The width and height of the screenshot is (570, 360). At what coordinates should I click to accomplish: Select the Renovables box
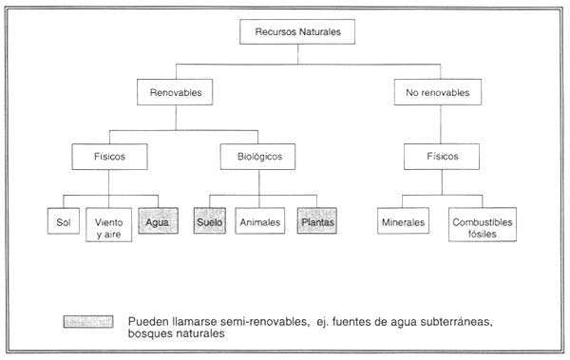point(174,93)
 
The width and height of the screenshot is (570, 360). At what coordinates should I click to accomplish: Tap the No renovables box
point(436,93)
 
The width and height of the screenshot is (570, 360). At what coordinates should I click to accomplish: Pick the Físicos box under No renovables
point(436,156)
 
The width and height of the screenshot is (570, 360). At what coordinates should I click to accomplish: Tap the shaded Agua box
point(156,222)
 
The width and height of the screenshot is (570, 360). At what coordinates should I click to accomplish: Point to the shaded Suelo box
point(209,222)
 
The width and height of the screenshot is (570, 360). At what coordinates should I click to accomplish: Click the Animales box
point(259,222)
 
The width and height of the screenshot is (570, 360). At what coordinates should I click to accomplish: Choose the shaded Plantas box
point(317,222)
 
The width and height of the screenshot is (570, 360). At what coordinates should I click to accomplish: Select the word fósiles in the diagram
point(483,232)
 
